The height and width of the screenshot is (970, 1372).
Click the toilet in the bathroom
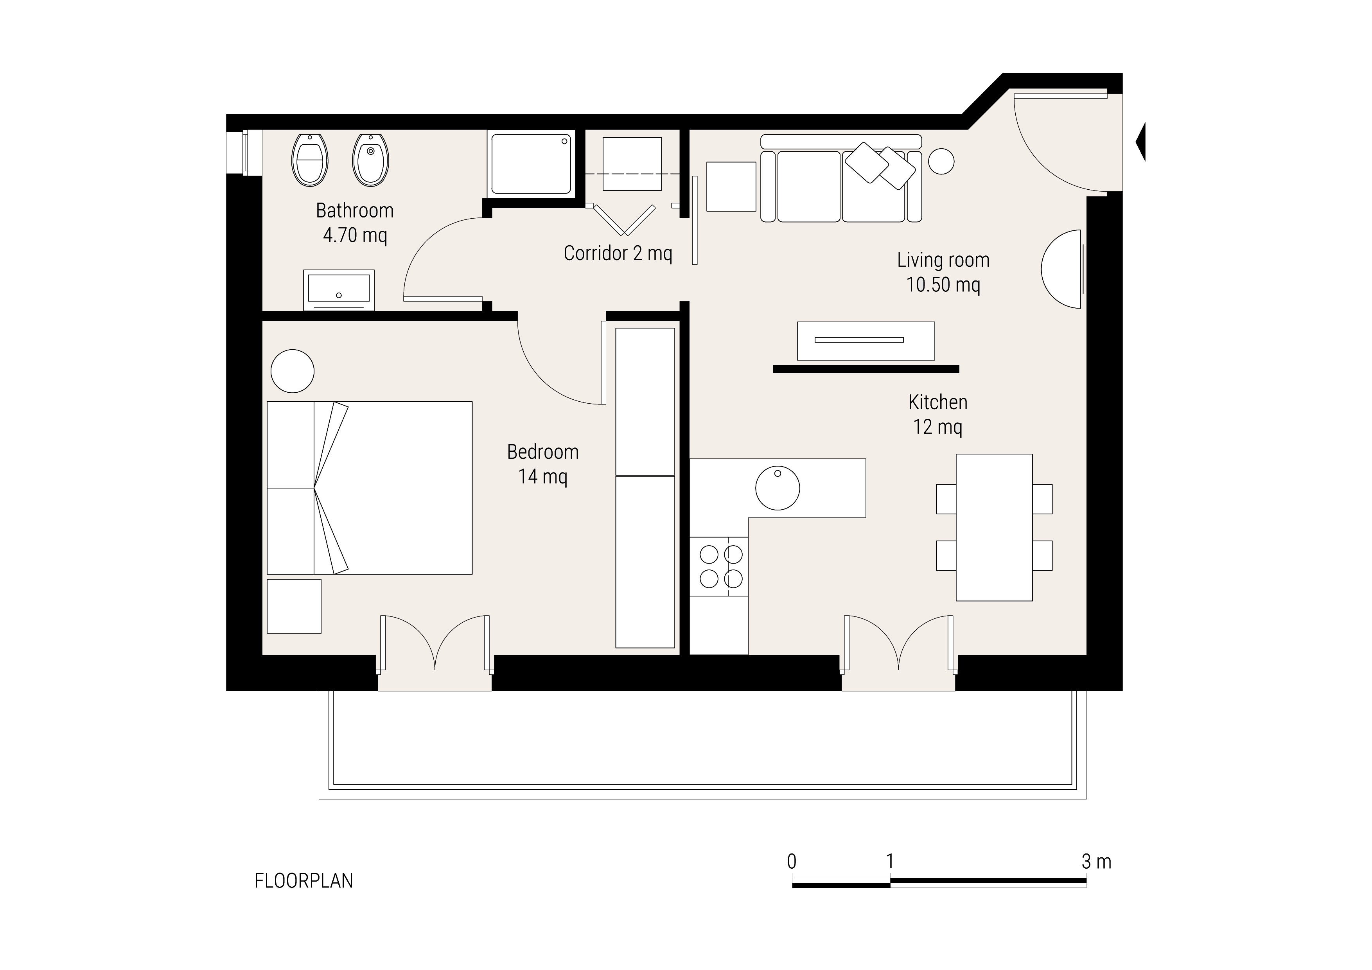(309, 160)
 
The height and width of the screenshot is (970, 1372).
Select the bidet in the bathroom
(370, 160)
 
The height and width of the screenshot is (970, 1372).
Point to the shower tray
(531, 163)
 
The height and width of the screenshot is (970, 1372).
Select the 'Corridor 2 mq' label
(618, 253)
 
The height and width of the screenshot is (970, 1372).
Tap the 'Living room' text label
(943, 260)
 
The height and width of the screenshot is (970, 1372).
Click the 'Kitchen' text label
(937, 402)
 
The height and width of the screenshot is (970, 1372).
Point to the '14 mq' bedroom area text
(542, 476)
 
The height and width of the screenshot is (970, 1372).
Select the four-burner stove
(719, 567)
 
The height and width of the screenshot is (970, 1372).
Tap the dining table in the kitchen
(994, 527)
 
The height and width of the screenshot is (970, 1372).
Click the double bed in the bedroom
(369, 488)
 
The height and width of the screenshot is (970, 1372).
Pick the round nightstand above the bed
(292, 371)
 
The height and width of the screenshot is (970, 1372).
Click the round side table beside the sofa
(941, 161)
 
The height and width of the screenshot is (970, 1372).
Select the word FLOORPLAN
(303, 881)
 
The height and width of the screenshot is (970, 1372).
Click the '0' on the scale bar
(792, 861)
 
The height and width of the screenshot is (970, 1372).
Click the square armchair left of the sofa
(731, 187)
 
